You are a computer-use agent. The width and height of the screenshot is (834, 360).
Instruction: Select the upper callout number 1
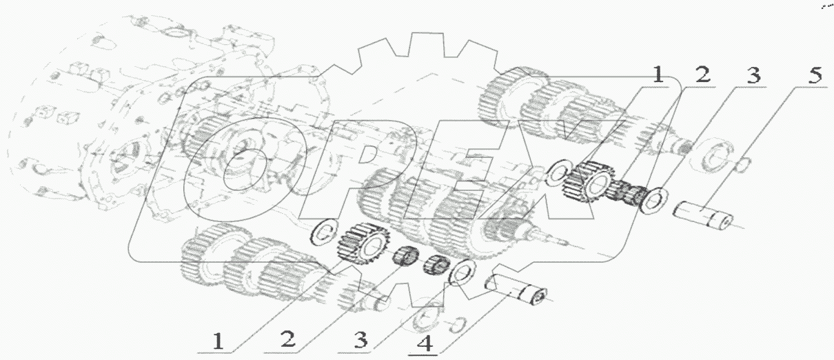point(657,75)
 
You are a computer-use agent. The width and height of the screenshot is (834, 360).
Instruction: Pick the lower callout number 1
point(218,341)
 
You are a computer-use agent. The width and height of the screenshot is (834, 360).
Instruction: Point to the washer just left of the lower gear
point(323,233)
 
